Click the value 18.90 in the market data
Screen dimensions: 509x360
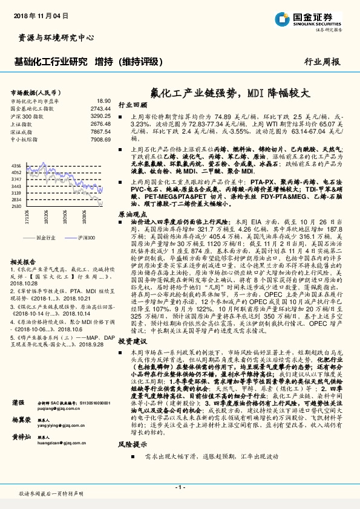coord(104,101)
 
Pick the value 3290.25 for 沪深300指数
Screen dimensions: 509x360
coord(101,115)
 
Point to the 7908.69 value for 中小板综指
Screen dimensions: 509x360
coord(101,139)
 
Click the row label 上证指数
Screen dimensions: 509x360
coord(22,123)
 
